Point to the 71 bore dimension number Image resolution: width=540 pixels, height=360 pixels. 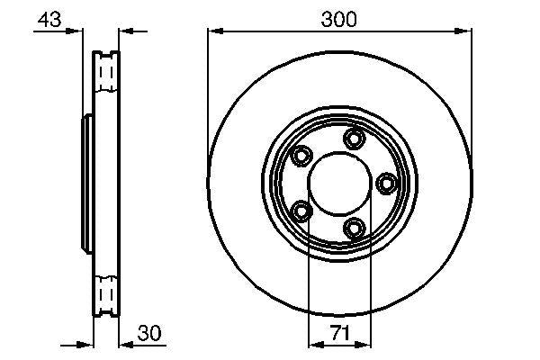339,334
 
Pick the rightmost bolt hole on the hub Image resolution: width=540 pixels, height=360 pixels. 388,184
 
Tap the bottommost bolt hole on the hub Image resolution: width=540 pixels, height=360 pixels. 355,229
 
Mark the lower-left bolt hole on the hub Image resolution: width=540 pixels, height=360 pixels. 301,211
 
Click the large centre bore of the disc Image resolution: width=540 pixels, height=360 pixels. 339,184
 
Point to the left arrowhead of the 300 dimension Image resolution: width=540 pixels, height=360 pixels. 213,31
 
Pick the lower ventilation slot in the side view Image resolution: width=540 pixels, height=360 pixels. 107,294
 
